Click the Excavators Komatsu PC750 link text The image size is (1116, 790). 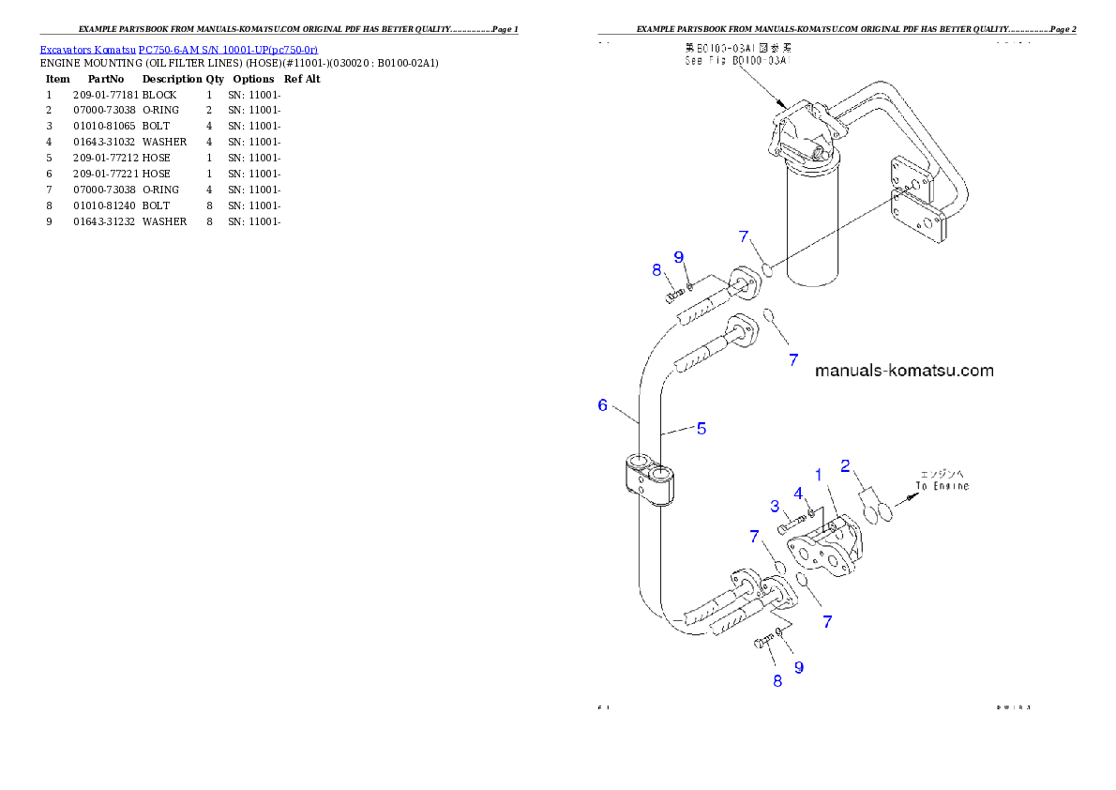pyautogui.click(x=178, y=49)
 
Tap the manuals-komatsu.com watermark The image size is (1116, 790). pyautogui.click(x=903, y=371)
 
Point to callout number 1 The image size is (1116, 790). pyautogui.click(x=818, y=476)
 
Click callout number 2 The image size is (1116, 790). pyautogui.click(x=845, y=465)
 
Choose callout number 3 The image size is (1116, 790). pyautogui.click(x=775, y=507)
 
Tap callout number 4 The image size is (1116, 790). pyautogui.click(x=798, y=494)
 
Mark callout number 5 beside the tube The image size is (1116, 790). pyautogui.click(x=701, y=429)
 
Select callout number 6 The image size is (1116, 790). pyautogui.click(x=603, y=405)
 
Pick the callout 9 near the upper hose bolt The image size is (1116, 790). pyautogui.click(x=678, y=257)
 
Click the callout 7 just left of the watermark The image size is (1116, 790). pyautogui.click(x=793, y=359)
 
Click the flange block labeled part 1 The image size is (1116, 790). pyautogui.click(x=825, y=549)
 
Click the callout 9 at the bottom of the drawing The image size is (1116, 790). pyautogui.click(x=799, y=667)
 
